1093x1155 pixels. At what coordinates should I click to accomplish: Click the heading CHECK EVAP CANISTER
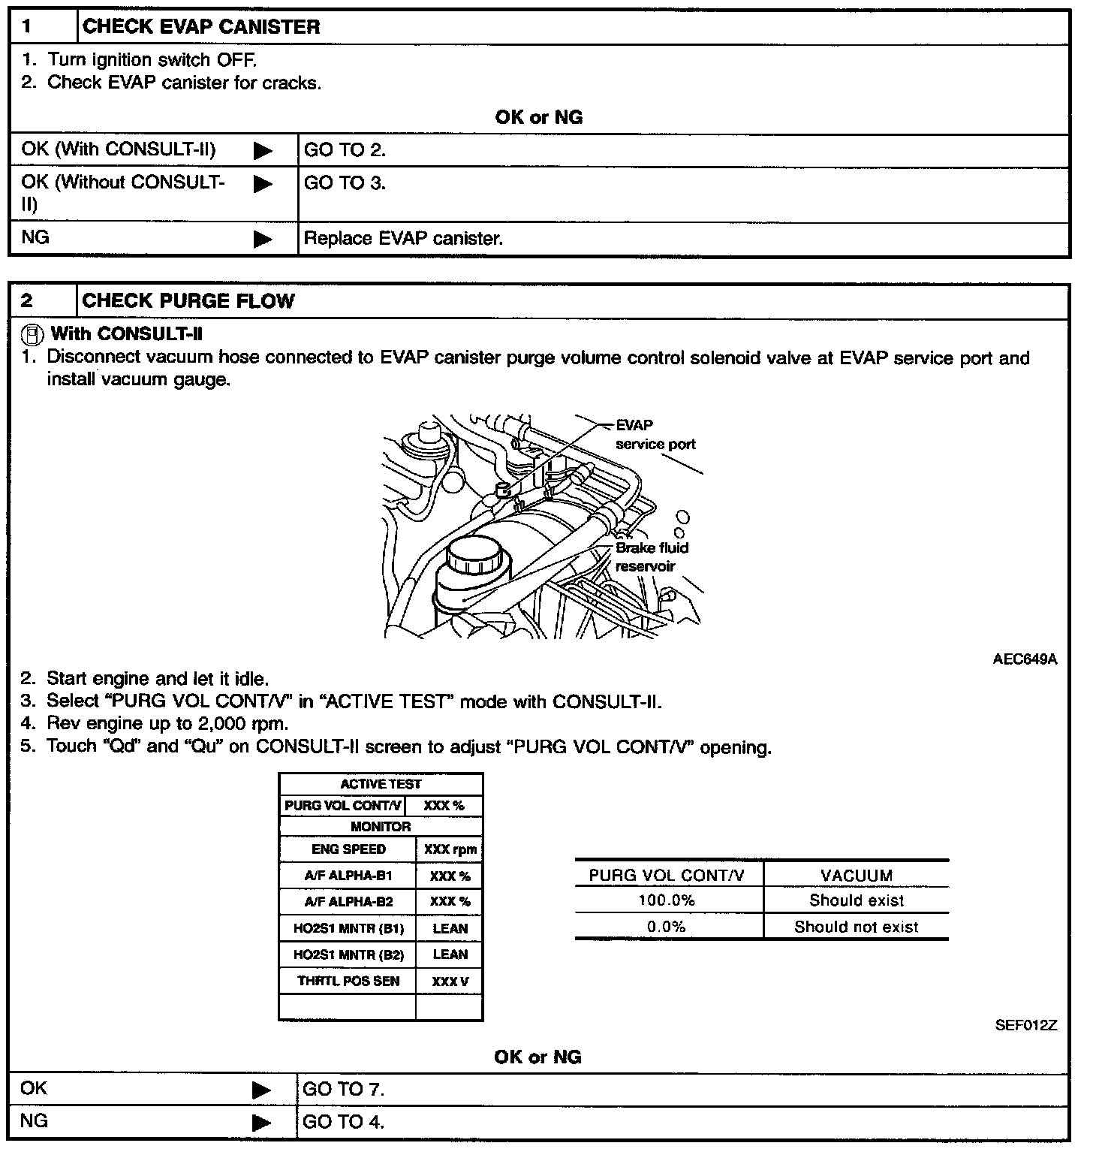(x=200, y=28)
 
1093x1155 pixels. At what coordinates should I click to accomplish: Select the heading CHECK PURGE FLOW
(x=188, y=301)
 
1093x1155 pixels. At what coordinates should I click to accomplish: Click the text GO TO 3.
(x=345, y=183)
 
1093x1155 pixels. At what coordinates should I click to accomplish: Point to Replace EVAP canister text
(x=403, y=239)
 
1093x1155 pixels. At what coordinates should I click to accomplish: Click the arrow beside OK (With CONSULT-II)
(x=263, y=151)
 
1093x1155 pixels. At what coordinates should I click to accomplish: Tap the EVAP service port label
(x=655, y=435)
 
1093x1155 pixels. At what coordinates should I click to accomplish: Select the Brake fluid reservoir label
(x=651, y=556)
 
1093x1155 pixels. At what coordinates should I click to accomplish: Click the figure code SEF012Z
(x=1025, y=1025)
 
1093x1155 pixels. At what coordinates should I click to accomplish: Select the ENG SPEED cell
(x=348, y=849)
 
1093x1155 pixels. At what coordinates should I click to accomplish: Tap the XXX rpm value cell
(x=449, y=849)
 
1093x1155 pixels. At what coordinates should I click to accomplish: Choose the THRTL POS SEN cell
(x=348, y=981)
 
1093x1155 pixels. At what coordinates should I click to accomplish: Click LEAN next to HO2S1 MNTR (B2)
(x=450, y=954)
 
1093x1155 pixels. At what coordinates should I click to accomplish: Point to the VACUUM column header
(x=856, y=876)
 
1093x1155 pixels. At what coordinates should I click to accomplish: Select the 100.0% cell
(x=666, y=900)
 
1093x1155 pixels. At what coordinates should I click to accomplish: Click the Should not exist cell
(x=856, y=927)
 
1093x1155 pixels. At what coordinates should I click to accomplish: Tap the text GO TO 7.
(x=344, y=1089)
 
